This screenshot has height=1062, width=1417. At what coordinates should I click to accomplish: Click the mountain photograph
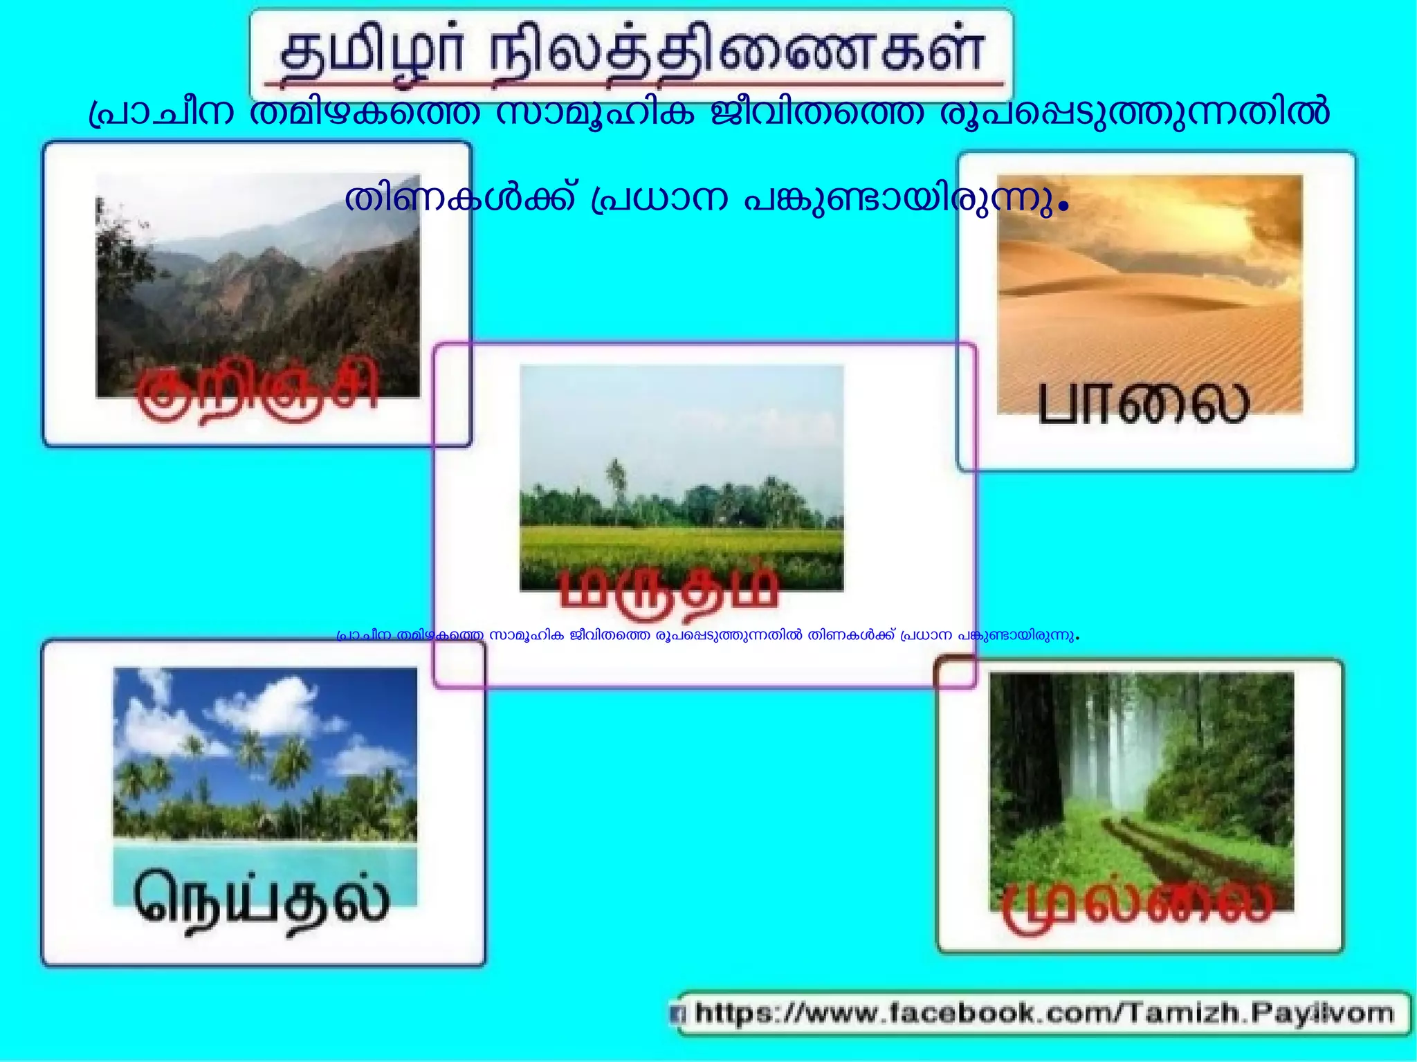pyautogui.click(x=257, y=277)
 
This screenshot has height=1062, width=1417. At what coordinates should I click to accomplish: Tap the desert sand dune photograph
pyautogui.click(x=1149, y=277)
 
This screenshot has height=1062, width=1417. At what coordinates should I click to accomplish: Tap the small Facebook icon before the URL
pyautogui.click(x=680, y=1015)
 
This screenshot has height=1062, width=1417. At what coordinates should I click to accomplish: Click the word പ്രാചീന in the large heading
pyautogui.click(x=163, y=113)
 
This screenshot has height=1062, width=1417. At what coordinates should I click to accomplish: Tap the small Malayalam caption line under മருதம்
pyautogui.click(x=707, y=635)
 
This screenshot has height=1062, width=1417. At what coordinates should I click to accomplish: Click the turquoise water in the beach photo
pyautogui.click(x=265, y=858)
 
